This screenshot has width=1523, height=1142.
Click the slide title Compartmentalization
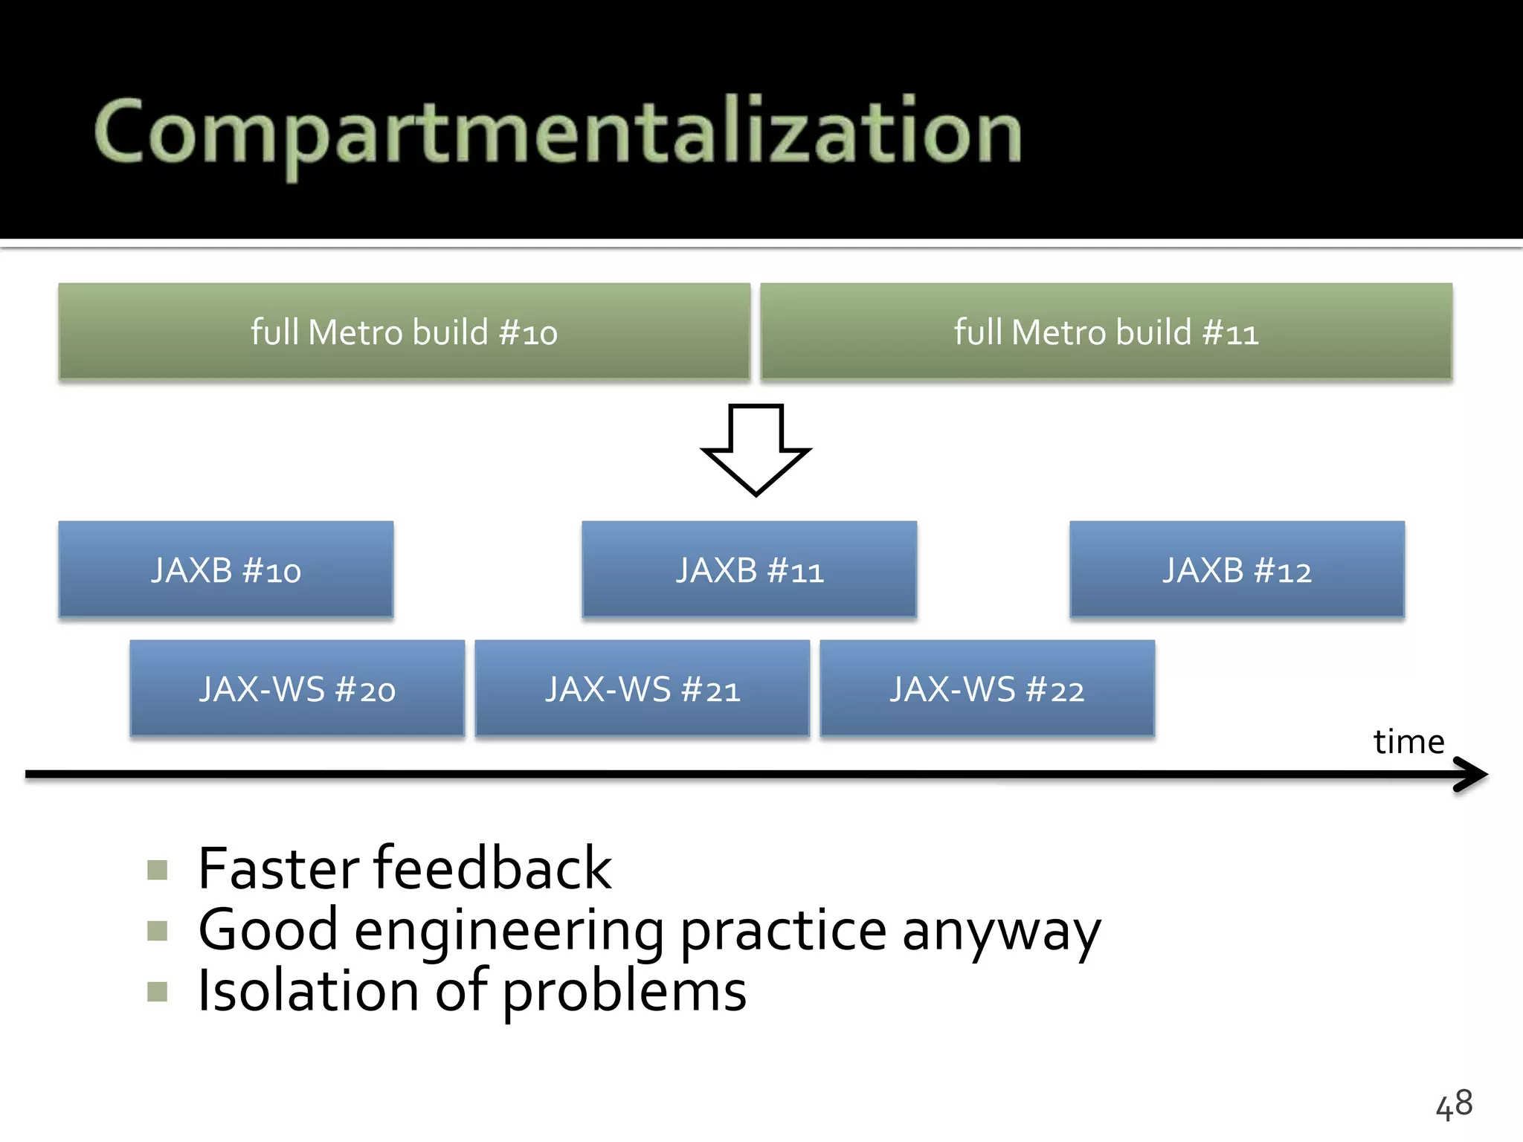point(558,132)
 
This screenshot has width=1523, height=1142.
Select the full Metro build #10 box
point(404,332)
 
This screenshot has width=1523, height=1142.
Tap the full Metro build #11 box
point(1106,332)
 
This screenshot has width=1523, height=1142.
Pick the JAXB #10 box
point(226,570)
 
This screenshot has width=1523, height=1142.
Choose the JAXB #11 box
point(750,570)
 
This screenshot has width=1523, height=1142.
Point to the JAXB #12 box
point(1237,570)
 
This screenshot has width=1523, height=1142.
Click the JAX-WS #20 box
point(297,688)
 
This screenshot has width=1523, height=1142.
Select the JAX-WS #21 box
point(643,688)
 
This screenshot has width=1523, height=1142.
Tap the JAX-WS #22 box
point(988,688)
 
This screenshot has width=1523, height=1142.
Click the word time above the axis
point(1408,742)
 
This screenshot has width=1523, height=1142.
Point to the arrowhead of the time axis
point(1472,774)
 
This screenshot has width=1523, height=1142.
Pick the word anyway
point(1001,931)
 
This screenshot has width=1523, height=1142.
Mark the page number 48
point(1454,1104)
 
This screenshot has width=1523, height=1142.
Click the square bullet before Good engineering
point(158,931)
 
